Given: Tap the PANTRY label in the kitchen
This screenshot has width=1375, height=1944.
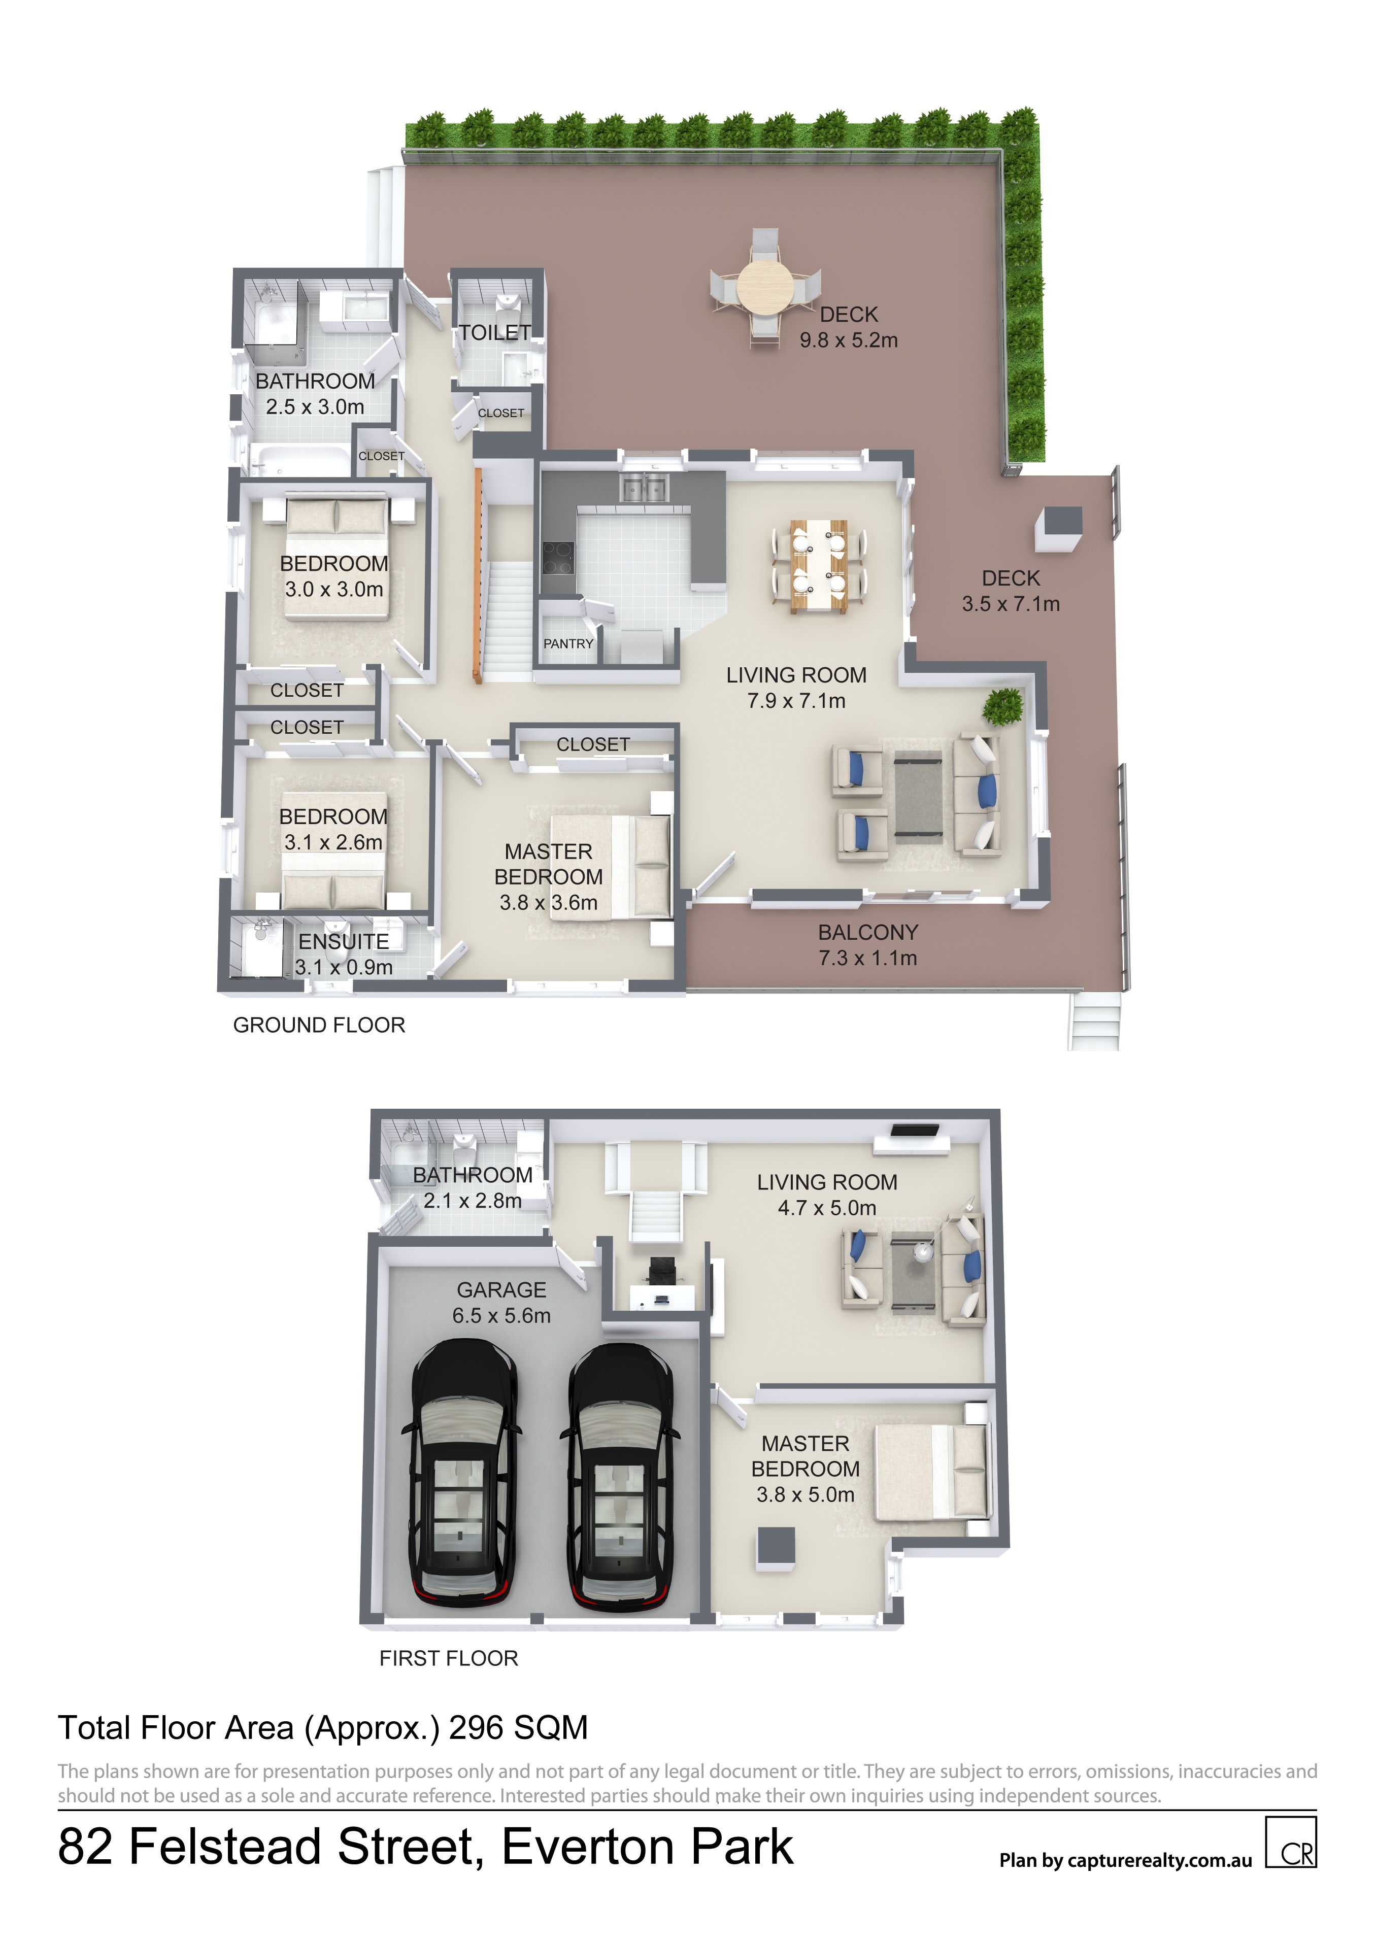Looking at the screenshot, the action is [568, 643].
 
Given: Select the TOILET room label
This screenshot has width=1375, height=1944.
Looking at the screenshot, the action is [495, 333].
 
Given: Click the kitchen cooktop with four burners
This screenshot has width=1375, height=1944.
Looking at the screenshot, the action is [558, 558].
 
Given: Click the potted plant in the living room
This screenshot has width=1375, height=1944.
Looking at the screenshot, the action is [1003, 706].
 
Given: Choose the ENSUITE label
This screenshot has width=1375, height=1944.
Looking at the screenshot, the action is [344, 941].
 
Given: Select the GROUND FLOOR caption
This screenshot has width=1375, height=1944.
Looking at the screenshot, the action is [319, 1026].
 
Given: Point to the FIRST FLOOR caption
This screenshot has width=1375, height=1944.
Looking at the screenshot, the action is [449, 1659].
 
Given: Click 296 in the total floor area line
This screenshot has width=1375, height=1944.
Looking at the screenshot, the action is [477, 1728].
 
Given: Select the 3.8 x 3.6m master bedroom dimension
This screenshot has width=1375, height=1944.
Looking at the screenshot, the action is [549, 903].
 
